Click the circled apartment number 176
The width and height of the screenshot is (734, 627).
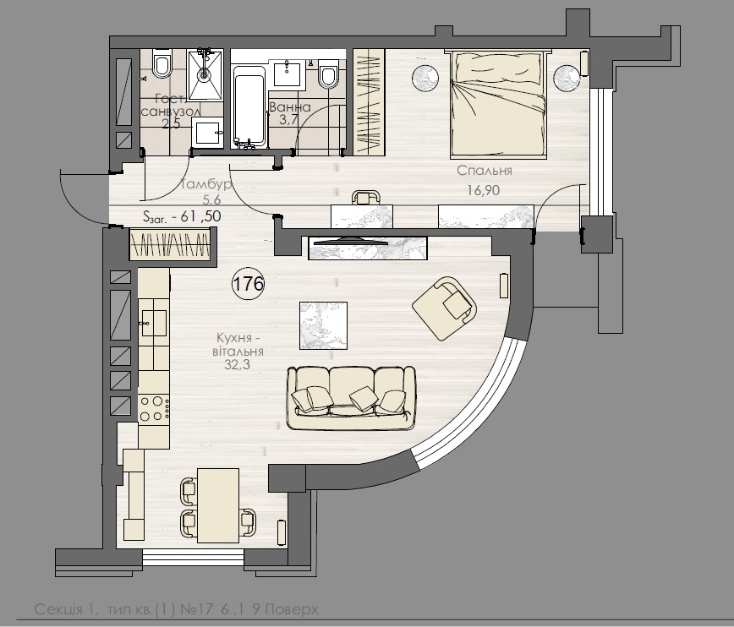[248, 284]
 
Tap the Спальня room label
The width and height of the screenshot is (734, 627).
[485, 171]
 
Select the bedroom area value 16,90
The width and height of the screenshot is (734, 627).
[484, 190]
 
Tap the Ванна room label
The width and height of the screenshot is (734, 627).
[290, 108]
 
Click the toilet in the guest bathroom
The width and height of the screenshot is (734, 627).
[162, 64]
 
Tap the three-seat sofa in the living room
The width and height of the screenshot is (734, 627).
[351, 394]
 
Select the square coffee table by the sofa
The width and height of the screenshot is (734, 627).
[323, 325]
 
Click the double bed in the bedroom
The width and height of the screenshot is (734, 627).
[497, 103]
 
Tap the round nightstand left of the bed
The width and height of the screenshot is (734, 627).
[426, 77]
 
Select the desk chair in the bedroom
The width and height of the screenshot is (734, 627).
[364, 197]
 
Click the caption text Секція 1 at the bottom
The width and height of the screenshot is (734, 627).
[64, 608]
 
